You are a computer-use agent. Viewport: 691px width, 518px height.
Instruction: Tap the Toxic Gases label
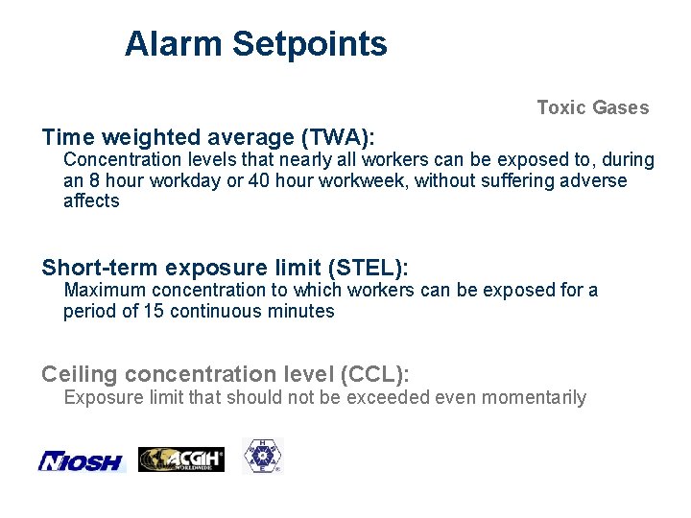pos(592,107)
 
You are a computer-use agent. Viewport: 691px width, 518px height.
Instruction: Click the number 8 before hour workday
pos(93,180)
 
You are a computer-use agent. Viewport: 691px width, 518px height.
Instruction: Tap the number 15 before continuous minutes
pos(154,311)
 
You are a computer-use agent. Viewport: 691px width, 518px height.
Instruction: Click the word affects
pos(91,200)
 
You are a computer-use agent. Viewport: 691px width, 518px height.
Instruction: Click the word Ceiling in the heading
pos(80,375)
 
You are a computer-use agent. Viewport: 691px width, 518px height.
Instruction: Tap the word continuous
pos(213,311)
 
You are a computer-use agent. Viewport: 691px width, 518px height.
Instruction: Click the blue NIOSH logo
pos(82,461)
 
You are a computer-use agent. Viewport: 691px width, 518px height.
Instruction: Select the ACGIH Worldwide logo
pos(181,459)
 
